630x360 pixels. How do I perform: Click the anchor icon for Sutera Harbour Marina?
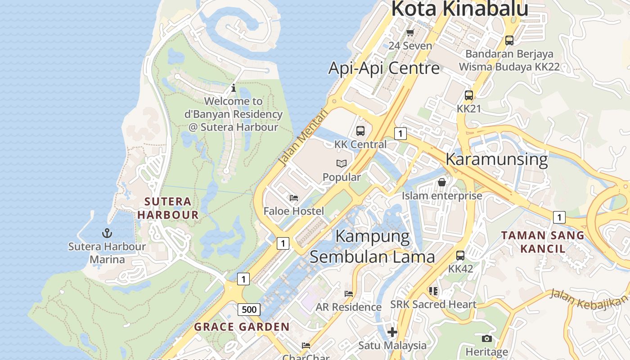pos(107,233)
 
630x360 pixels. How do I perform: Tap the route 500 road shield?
pos(249,309)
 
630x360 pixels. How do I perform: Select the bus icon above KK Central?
pos(360,131)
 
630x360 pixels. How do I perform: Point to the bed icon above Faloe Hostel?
pos(294,198)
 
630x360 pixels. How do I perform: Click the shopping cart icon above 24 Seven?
pos(410,32)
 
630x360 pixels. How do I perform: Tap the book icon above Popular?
pos(342,163)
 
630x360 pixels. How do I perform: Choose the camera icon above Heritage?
pos(486,338)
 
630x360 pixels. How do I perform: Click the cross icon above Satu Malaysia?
pos(392,332)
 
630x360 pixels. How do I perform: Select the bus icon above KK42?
pos(460,256)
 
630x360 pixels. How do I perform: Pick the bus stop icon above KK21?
pos(469,95)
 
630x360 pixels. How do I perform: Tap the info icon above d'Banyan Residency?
pos(233,88)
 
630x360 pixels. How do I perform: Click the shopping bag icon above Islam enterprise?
pos(442,182)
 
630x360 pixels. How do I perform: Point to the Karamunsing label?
pos(496,159)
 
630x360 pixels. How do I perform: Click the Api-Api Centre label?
pos(384,68)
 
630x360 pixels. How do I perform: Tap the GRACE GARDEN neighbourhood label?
pos(242,327)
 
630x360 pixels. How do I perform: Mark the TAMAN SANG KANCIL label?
pos(543,242)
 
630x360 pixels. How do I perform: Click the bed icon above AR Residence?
pos(349,294)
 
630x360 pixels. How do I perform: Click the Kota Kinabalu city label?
pos(459,9)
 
